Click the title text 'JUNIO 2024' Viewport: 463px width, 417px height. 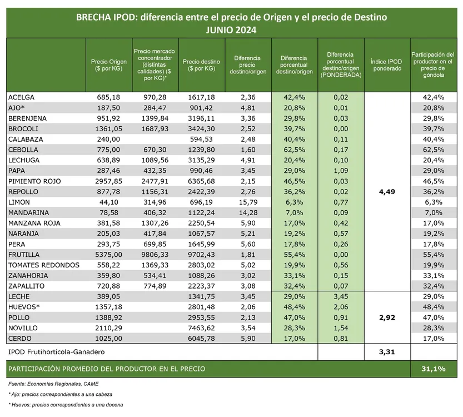[231, 29]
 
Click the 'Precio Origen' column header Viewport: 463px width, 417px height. [108, 65]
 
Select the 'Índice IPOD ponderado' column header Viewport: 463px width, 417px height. [386, 65]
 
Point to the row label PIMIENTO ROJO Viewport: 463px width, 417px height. [35, 181]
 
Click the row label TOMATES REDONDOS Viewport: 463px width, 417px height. [44, 265]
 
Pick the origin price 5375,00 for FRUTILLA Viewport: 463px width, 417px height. [108, 254]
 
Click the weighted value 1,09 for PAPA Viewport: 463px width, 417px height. [340, 171]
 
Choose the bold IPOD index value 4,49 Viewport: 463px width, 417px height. [386, 192]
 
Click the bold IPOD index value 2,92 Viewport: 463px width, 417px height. [386, 317]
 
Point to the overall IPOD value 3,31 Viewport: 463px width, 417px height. [386, 352]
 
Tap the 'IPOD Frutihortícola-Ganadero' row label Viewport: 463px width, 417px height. [57, 352]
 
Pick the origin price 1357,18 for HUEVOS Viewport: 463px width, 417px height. [108, 307]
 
